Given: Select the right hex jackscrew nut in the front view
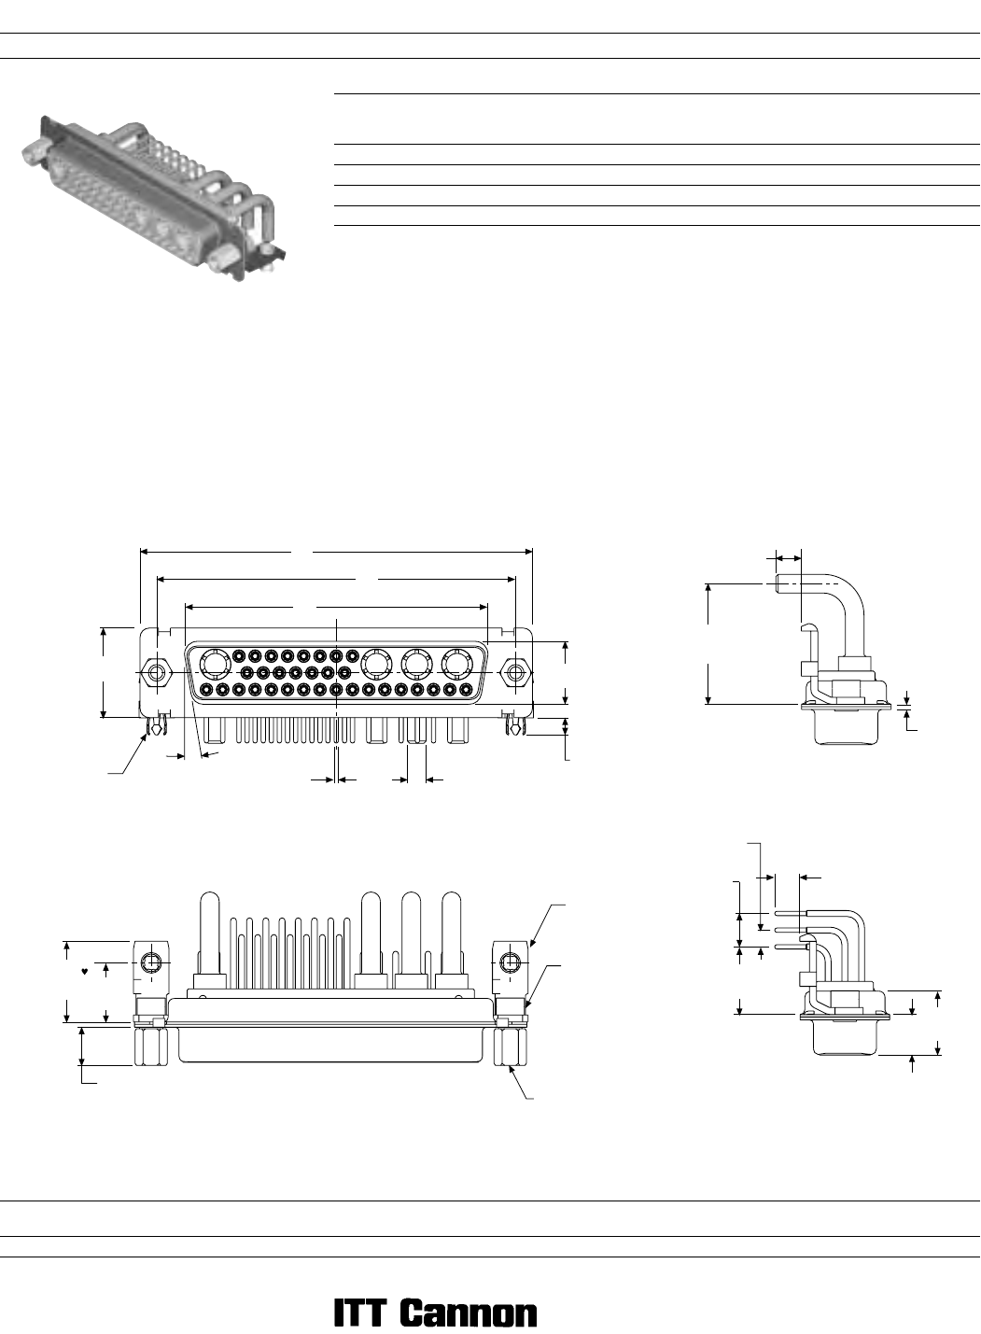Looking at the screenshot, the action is pos(516,673).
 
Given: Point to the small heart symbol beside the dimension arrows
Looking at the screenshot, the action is pos(85,972).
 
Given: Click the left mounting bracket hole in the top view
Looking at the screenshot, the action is pos(151,962).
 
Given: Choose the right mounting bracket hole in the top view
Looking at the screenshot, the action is pos(510,962).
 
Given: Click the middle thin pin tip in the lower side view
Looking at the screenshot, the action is pos(778,929).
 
